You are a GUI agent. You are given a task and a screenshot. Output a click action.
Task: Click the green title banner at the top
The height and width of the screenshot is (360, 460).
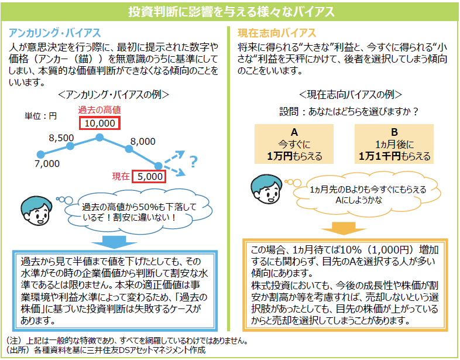click(230, 12)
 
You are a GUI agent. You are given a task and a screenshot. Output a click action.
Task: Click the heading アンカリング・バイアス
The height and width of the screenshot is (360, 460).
click(56, 33)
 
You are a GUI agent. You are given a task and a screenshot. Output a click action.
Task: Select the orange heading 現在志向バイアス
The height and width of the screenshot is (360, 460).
click(277, 33)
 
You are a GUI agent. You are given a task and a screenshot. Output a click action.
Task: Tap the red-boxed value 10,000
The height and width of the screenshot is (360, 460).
click(99, 123)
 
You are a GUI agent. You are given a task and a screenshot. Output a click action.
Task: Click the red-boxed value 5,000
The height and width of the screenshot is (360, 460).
click(149, 176)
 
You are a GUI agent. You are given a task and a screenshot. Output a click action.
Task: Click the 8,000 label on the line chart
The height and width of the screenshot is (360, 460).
click(143, 141)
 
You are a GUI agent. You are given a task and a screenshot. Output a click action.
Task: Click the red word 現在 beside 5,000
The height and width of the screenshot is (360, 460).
click(121, 176)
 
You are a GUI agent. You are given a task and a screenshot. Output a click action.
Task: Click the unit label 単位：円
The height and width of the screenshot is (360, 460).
click(40, 116)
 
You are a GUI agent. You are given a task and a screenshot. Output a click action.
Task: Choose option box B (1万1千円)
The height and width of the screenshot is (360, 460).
click(394, 144)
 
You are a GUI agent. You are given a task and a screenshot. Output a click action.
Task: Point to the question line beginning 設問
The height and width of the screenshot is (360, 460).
click(349, 111)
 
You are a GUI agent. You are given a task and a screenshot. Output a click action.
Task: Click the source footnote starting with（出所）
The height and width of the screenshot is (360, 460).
click(105, 351)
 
